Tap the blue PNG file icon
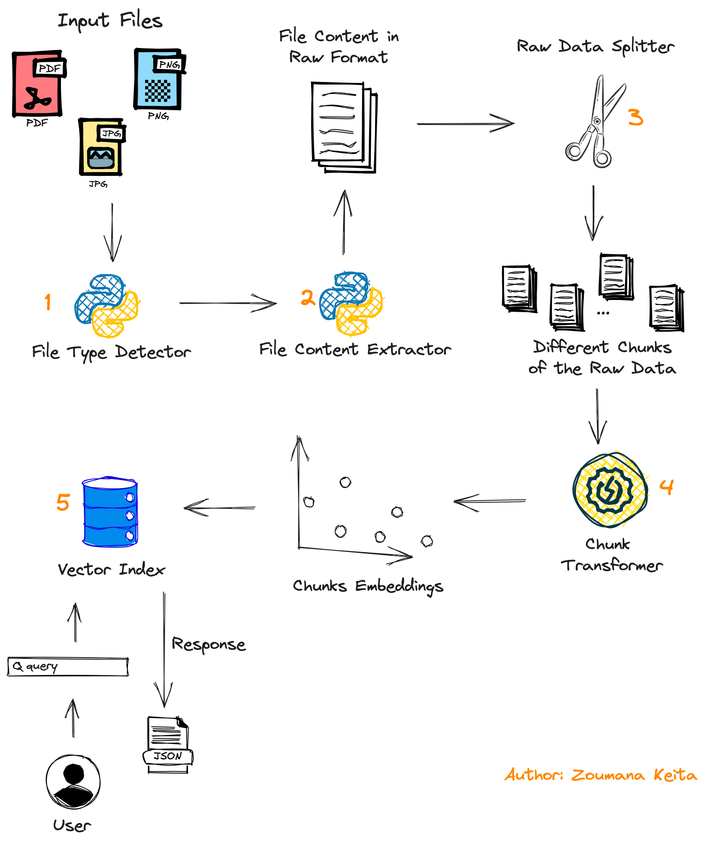(x=158, y=80)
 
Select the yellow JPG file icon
(x=101, y=147)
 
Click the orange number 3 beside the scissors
(x=635, y=117)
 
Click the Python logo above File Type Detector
(x=107, y=306)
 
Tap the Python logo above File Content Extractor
(x=351, y=304)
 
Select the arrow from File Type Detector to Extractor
(x=227, y=303)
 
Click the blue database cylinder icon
(x=110, y=512)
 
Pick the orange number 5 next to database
(x=63, y=502)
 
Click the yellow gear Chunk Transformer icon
(x=610, y=490)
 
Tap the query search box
(x=68, y=667)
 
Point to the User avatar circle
(x=73, y=782)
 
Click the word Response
(x=208, y=645)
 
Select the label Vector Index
(x=112, y=570)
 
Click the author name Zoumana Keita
(x=634, y=775)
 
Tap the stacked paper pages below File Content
(x=344, y=127)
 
